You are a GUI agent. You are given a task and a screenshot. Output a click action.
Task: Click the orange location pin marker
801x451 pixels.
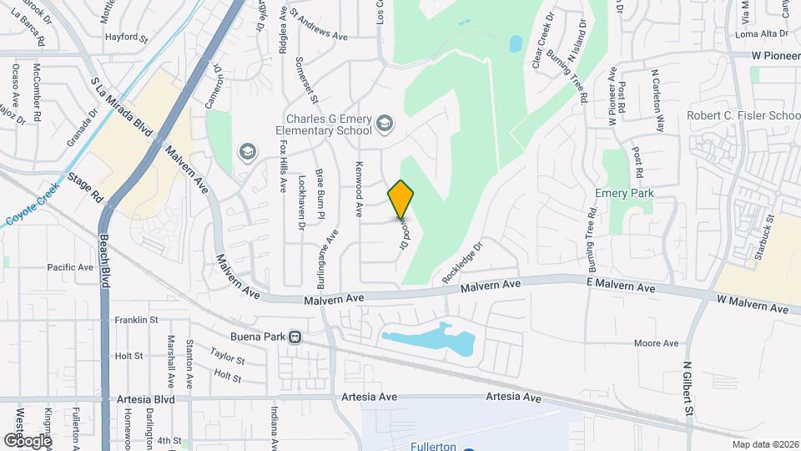coord(401,200)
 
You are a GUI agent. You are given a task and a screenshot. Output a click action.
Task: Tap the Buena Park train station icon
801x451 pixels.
coord(295,337)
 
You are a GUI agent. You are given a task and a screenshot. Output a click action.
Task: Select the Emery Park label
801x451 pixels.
coord(623,193)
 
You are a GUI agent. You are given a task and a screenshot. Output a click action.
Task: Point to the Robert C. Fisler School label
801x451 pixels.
coord(742,116)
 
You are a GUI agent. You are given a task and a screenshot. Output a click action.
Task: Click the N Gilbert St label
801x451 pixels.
coord(688,388)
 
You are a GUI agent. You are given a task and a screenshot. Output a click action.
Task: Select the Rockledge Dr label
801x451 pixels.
coord(464,261)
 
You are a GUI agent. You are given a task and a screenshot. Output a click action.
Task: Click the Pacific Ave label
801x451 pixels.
coord(70,267)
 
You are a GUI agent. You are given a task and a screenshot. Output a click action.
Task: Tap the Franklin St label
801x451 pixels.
coord(137,320)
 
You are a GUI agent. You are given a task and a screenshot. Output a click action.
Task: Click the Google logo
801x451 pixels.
coord(28,440)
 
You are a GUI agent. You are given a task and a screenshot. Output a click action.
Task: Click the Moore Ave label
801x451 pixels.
coord(657,342)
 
